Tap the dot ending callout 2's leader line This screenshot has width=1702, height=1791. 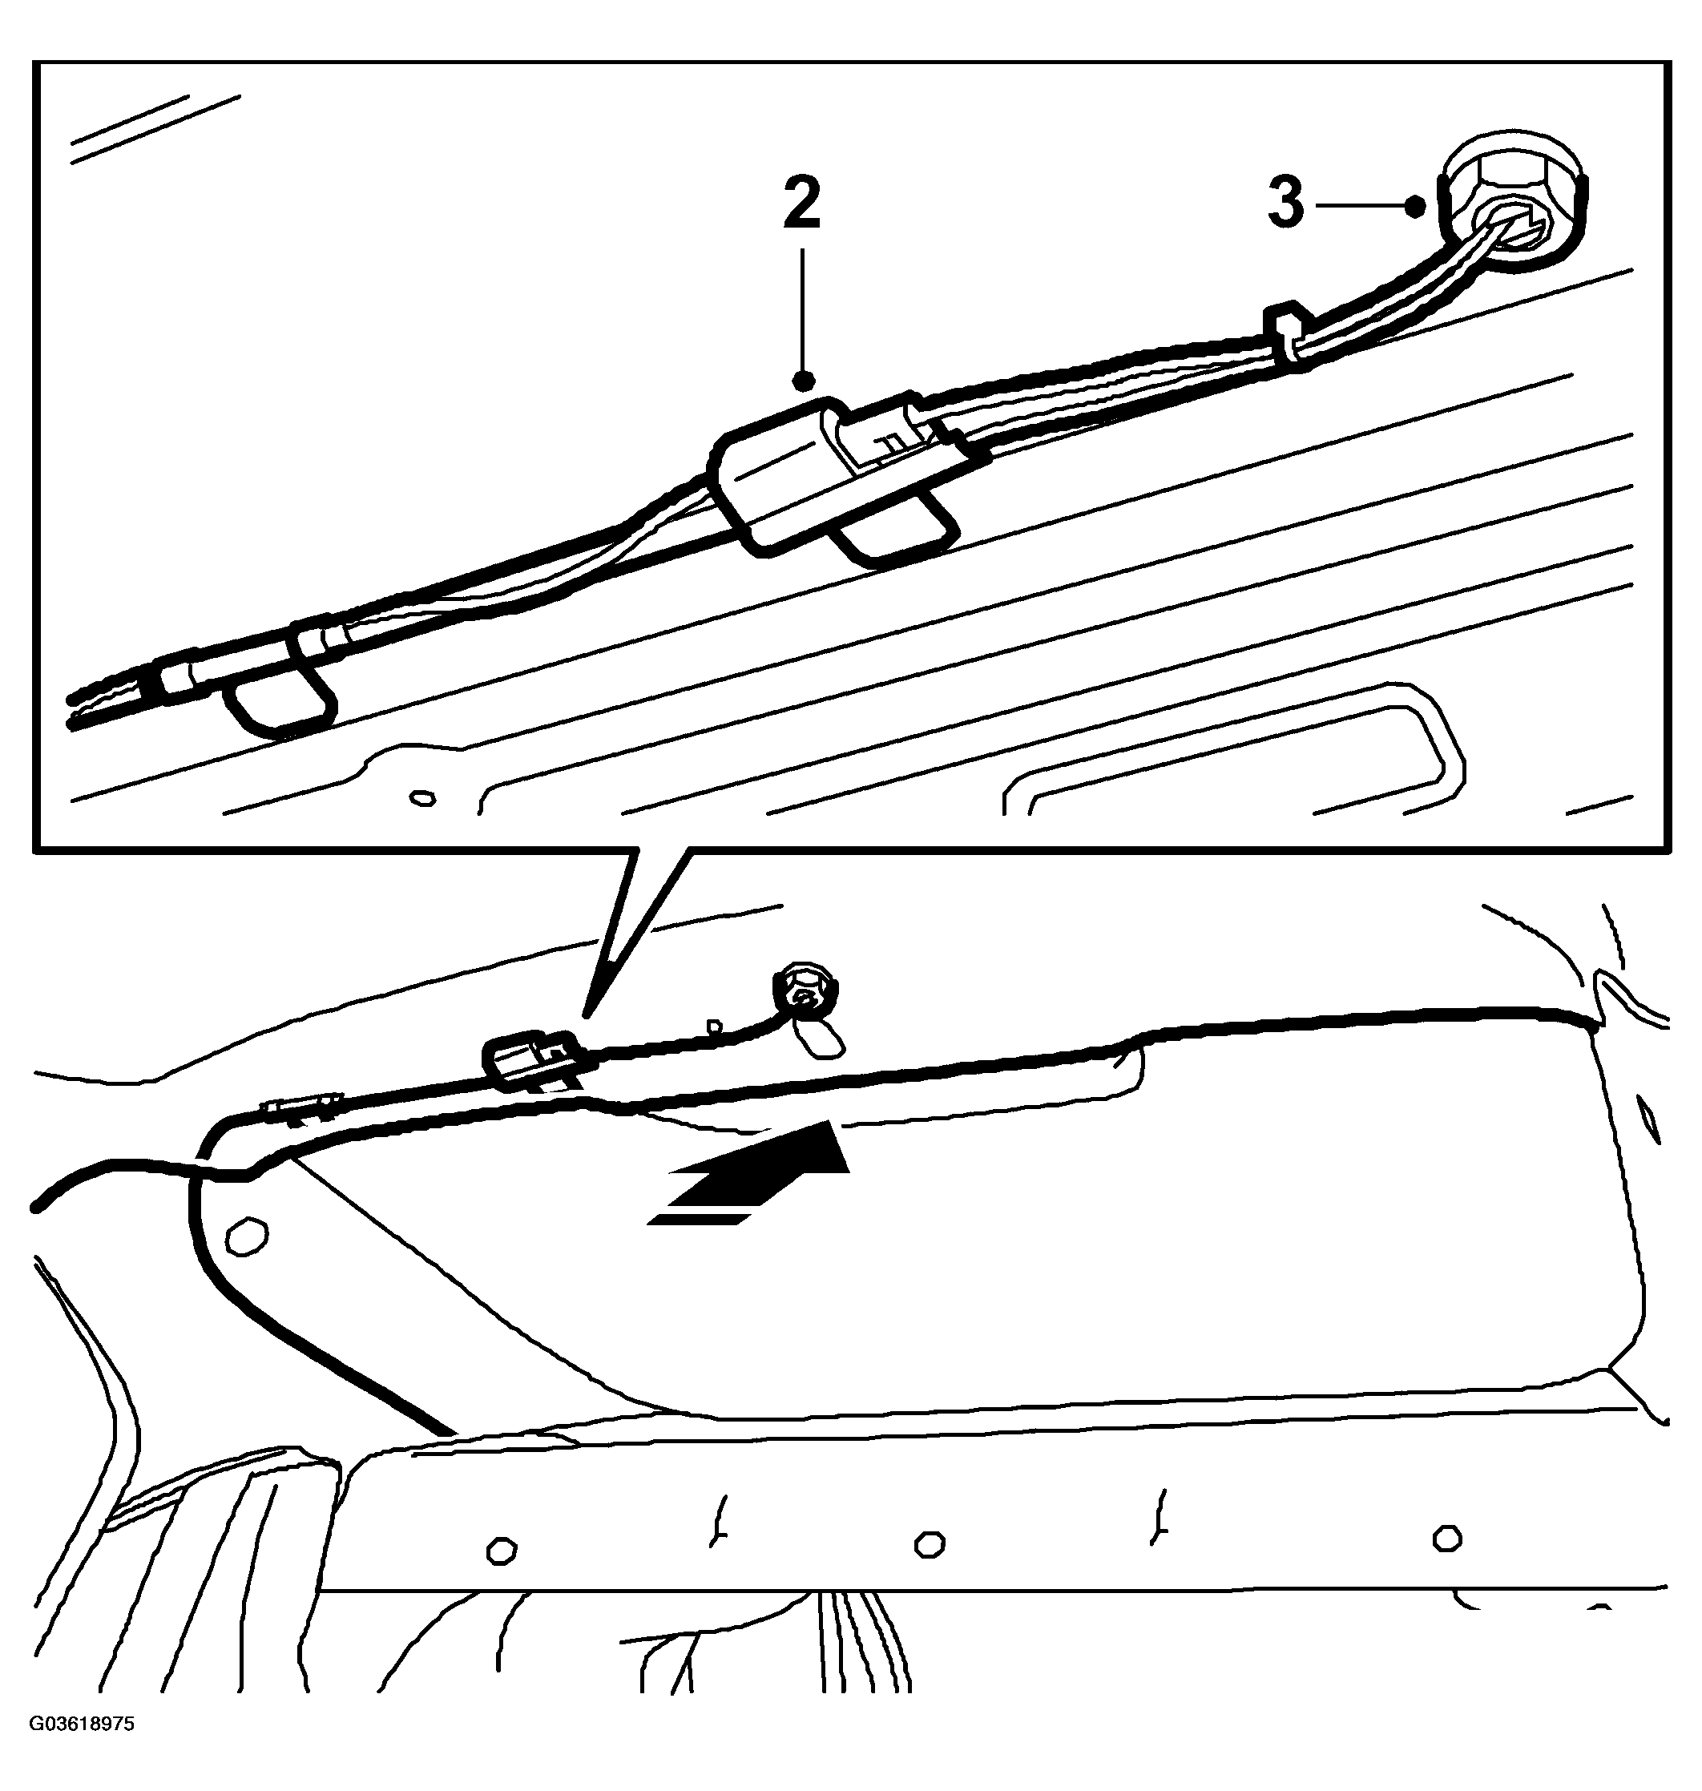click(x=803, y=378)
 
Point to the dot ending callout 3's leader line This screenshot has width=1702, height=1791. click(x=1414, y=207)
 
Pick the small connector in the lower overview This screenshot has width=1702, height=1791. click(x=534, y=1058)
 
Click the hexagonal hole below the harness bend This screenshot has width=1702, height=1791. click(x=246, y=1236)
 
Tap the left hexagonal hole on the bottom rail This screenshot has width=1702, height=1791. click(x=501, y=1551)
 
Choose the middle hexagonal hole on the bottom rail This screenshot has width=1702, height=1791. click(x=929, y=1543)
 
